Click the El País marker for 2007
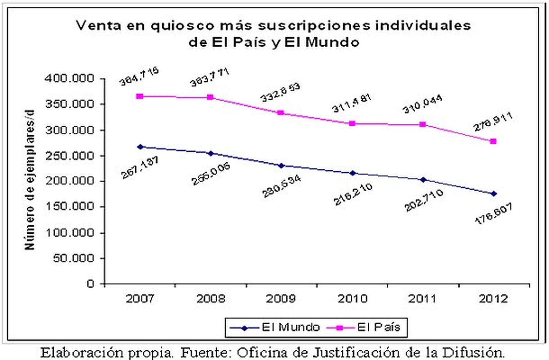(x=139, y=96)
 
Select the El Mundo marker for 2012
(x=493, y=194)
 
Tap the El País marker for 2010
(x=352, y=124)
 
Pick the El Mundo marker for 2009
(x=281, y=166)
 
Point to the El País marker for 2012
(x=493, y=141)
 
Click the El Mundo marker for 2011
(x=423, y=179)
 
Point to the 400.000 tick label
(x=69, y=79)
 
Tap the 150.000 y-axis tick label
(x=69, y=207)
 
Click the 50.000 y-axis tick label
(x=73, y=258)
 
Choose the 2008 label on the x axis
(x=210, y=299)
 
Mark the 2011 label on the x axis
(x=422, y=299)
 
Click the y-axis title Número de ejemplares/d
(x=30, y=180)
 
